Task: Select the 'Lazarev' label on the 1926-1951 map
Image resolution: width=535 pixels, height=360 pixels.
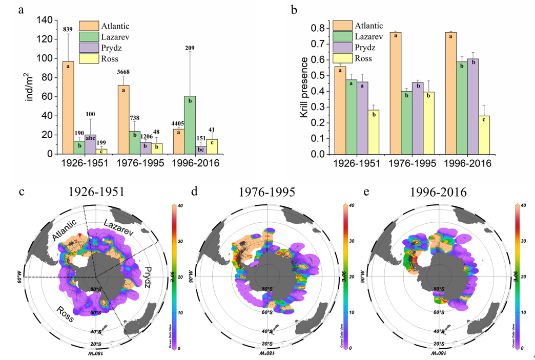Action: pos(120,231)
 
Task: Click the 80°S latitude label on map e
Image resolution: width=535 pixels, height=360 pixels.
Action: pos(438,289)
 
